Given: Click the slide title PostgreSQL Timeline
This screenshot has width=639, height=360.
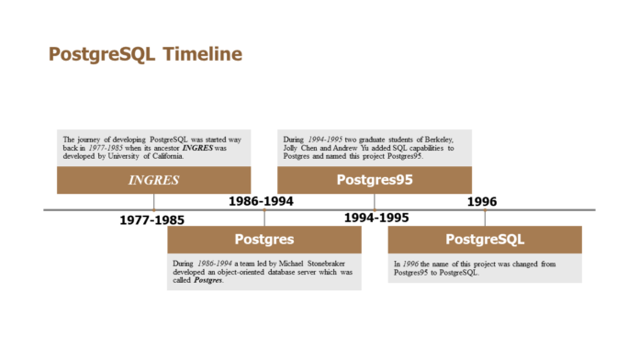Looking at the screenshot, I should pos(145,55).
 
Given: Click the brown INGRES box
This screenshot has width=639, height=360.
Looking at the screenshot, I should pos(153,180).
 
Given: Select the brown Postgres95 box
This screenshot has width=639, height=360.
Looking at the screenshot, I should pos(374,180).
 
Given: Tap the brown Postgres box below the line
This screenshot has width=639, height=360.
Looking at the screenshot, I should pos(263,239).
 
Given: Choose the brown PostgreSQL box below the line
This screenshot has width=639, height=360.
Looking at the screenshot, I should pos(485,239).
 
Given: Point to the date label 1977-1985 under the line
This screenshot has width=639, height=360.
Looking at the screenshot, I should pos(152,220).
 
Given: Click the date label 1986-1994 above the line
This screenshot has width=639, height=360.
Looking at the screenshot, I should pos(262,200).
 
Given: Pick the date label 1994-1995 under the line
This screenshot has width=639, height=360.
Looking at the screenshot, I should pos(376,219).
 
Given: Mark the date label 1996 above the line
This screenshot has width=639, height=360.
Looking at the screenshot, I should pos(482,201).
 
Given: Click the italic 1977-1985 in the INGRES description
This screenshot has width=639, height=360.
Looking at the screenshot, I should pos(102,148).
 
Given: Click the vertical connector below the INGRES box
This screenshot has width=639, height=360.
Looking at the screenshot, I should pos(154,201).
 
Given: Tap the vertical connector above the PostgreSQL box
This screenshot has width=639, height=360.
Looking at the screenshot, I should pos(485,218).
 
